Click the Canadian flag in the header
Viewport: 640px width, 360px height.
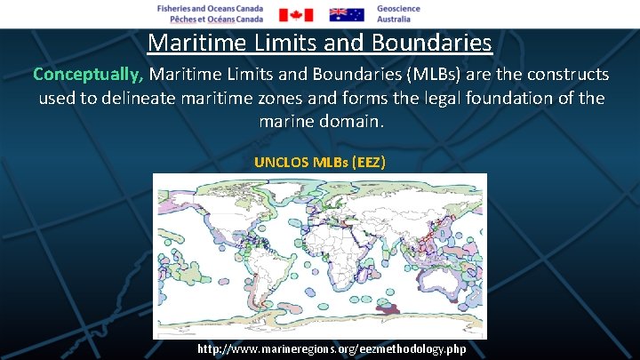(x=296, y=14)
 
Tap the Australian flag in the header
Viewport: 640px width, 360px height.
(x=347, y=14)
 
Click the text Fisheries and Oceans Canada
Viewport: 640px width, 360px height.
(x=210, y=8)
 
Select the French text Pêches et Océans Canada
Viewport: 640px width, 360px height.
(x=210, y=19)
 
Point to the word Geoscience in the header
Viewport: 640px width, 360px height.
(x=398, y=8)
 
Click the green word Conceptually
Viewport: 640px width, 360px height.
(x=90, y=73)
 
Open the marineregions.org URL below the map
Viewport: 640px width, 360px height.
(x=331, y=348)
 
